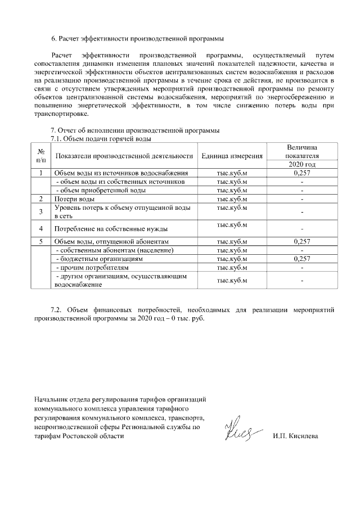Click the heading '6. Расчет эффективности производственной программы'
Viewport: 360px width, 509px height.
click(137, 39)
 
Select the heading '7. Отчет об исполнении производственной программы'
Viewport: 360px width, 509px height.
click(135, 131)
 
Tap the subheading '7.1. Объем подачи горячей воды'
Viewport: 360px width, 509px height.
click(101, 138)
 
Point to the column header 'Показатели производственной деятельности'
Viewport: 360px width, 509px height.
click(124, 156)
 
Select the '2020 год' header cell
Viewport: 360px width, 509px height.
click(302, 164)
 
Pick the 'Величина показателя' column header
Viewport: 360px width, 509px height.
click(302, 151)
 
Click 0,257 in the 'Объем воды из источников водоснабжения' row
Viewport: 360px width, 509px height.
click(302, 173)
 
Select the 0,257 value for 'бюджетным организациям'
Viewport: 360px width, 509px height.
click(302, 259)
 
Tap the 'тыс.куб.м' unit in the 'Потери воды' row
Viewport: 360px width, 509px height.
click(232, 199)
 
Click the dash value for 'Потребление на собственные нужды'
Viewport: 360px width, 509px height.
click(302, 229)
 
